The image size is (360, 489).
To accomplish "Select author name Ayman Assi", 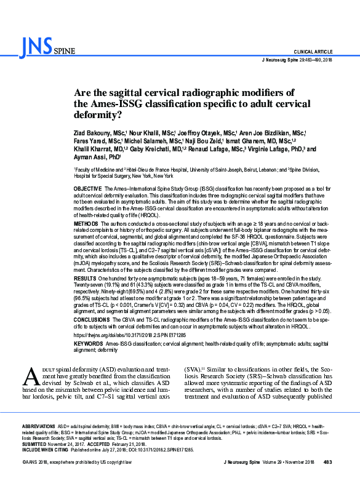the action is pos(92,157).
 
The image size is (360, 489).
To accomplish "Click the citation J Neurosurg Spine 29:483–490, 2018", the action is pos(297,60).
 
